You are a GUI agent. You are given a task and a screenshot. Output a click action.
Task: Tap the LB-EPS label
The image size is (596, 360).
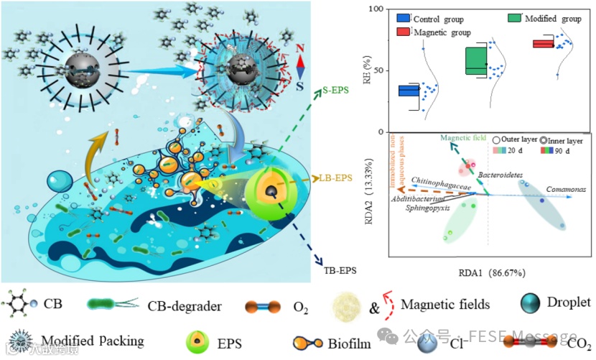[x=335, y=178]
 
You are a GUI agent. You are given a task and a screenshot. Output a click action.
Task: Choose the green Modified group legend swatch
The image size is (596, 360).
[x=515, y=17]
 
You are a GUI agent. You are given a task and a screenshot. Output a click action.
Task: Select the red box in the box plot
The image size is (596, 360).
[x=543, y=44]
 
